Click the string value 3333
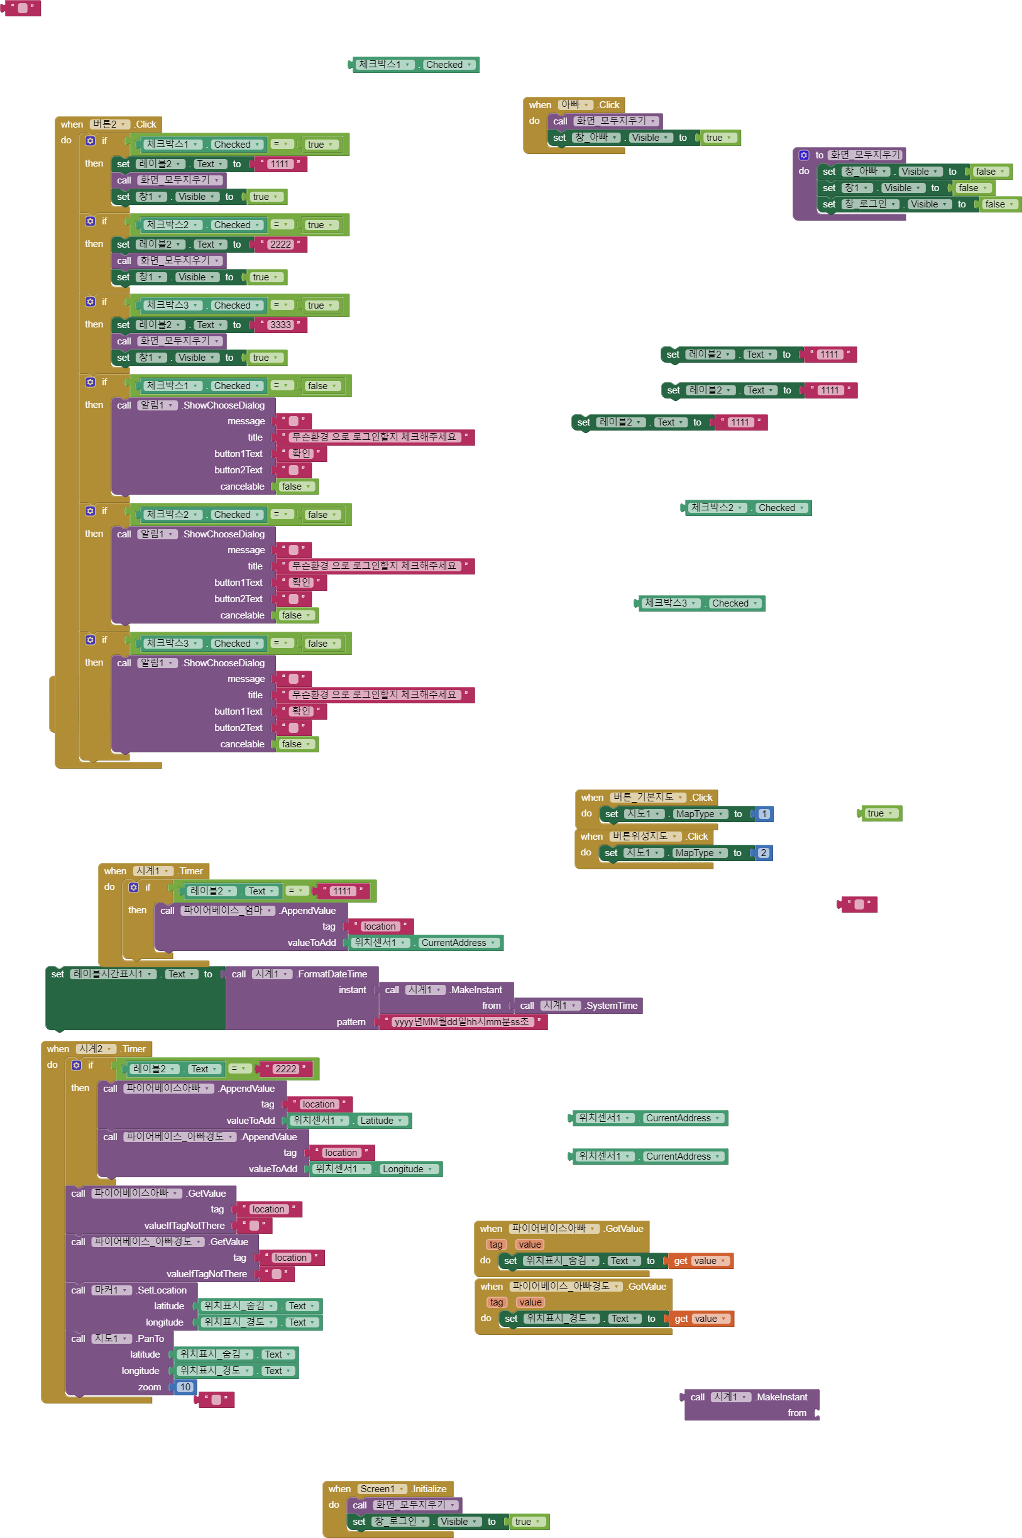[280, 324]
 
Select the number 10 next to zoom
[185, 1387]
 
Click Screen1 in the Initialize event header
[377, 1488]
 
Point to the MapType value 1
[764, 813]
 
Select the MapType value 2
[763, 852]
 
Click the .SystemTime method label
[612, 1006]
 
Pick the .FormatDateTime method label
[332, 974]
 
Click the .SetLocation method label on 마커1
[162, 1290]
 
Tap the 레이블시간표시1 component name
[107, 974]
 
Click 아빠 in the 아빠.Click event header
[570, 104]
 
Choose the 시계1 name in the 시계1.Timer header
[148, 871]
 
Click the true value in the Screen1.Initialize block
[523, 1522]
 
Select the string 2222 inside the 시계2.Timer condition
[285, 1068]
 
